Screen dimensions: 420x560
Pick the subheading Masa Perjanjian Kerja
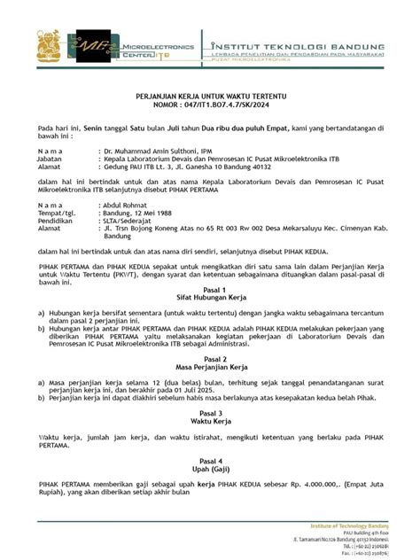point(210,367)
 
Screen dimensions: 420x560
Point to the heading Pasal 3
point(210,413)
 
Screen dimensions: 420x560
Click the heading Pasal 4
point(210,461)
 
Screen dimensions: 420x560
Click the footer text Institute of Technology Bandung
point(373,525)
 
